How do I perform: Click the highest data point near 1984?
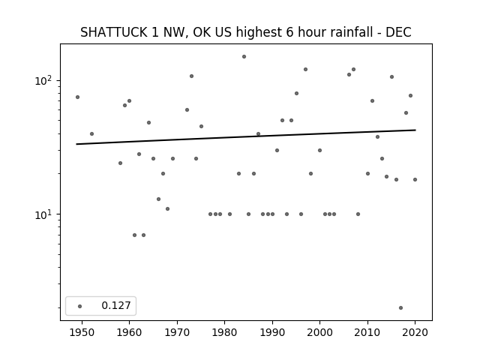(x=244, y=57)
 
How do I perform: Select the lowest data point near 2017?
(x=400, y=308)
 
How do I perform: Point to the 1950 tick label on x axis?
(x=82, y=332)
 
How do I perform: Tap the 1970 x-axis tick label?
(x=177, y=332)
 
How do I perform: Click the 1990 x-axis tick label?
(x=272, y=332)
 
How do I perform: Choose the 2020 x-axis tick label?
(x=415, y=332)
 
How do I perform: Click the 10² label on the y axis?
(x=43, y=81)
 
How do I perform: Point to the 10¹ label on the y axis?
(x=43, y=215)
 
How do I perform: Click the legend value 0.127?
(x=116, y=305)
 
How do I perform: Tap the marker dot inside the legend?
(x=79, y=306)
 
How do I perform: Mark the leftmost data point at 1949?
(x=77, y=97)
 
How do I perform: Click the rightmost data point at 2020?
(x=415, y=180)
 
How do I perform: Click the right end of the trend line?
(x=415, y=130)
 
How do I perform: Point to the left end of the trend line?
(x=76, y=144)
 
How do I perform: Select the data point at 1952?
(x=91, y=133)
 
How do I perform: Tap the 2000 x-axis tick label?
(x=320, y=332)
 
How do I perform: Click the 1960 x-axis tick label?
(x=129, y=332)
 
